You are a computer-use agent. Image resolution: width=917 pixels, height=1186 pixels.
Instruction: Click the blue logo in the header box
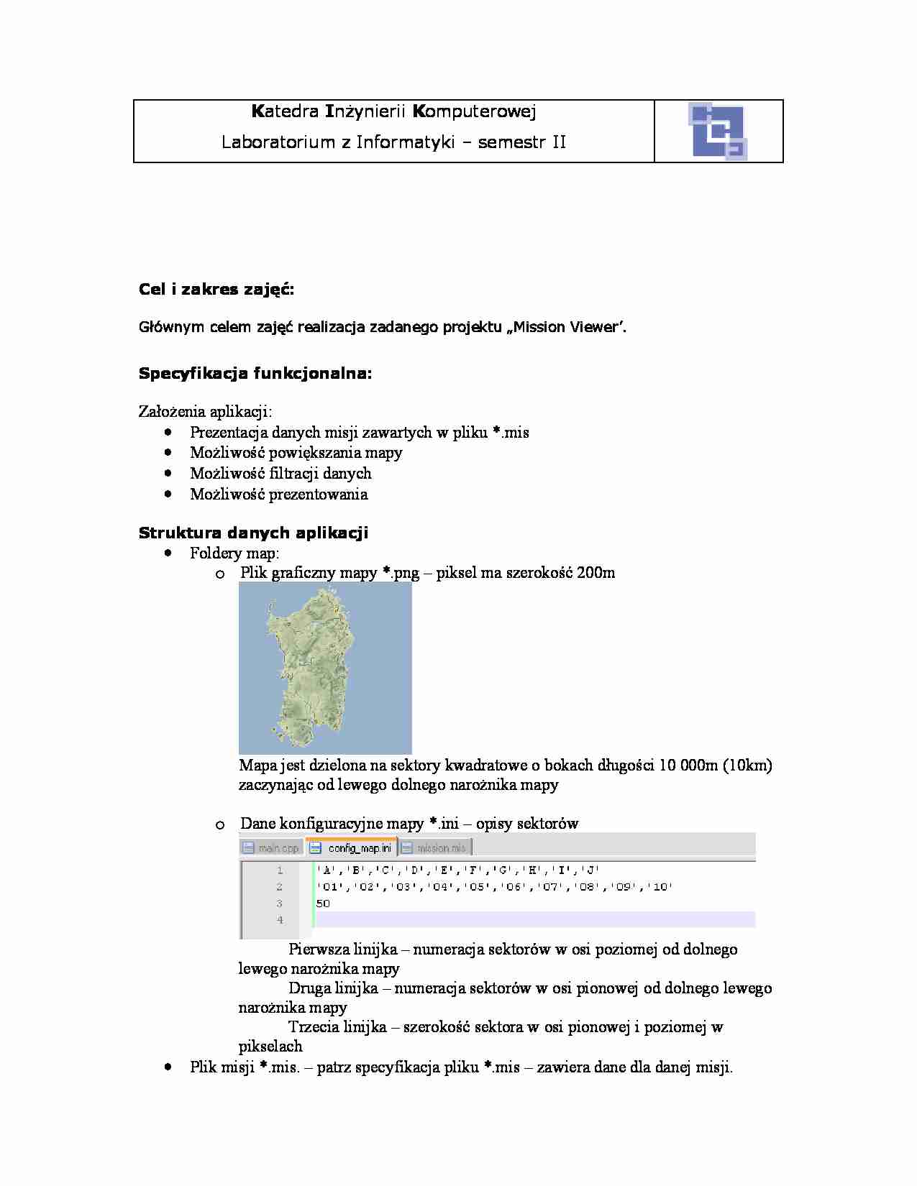[718, 131]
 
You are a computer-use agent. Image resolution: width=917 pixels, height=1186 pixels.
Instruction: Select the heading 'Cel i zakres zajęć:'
[216, 290]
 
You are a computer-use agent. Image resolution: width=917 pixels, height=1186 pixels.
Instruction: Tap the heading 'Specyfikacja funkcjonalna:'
[255, 374]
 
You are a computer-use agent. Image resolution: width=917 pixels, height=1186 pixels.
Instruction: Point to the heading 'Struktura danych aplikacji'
[253, 533]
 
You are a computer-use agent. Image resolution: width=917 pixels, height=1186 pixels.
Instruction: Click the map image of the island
[325, 668]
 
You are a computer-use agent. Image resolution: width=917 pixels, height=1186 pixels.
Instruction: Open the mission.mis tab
[436, 848]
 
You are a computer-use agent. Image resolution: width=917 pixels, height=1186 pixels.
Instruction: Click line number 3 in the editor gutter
[279, 904]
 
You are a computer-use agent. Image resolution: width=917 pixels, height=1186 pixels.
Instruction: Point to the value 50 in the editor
[323, 904]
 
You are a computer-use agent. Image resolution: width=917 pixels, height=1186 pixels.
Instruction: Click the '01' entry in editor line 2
[329, 887]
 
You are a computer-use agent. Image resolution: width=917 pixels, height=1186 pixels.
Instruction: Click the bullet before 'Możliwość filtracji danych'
[168, 473]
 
